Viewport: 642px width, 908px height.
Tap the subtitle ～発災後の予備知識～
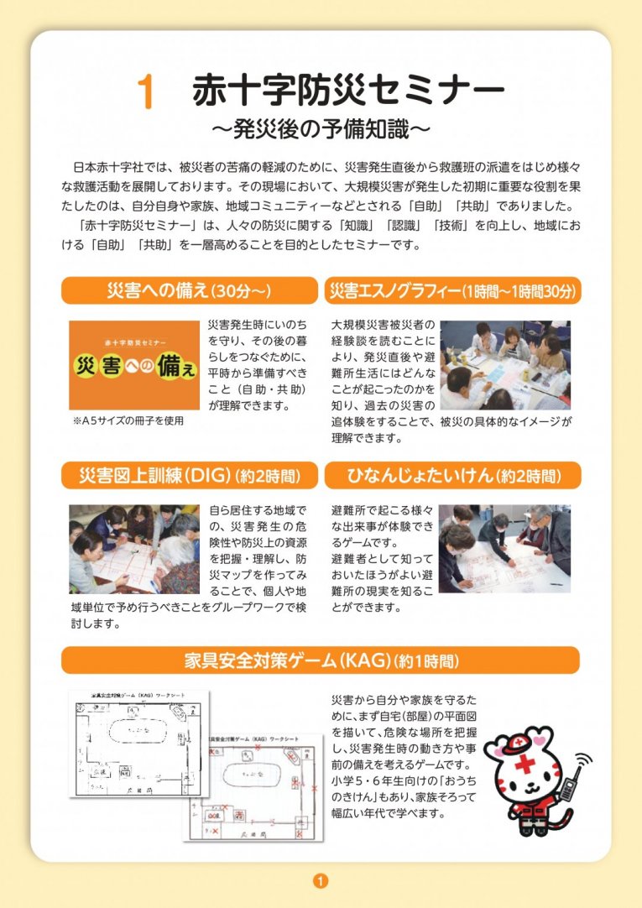pos(321,129)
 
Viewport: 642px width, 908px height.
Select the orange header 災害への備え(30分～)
pos(189,290)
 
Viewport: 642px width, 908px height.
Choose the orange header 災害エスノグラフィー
pos(452,290)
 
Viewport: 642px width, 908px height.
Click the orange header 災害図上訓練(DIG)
pos(189,476)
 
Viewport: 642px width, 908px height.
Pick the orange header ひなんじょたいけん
pos(452,476)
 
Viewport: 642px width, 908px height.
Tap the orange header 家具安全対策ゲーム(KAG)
pos(321,660)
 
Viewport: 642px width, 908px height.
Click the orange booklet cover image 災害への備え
pos(135,366)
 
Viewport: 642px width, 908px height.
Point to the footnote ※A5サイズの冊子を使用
pos(128,420)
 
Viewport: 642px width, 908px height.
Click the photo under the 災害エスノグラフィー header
pos(505,364)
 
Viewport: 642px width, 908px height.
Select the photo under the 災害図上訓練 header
pos(135,550)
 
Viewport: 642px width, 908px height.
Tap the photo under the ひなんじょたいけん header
pos(505,549)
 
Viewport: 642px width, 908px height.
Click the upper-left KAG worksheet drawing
pos(138,743)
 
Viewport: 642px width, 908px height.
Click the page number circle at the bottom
pos(321,880)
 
